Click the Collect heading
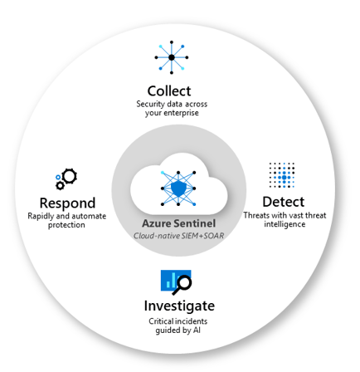[169, 91]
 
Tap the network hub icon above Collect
[171, 57]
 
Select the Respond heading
[67, 203]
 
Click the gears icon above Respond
[66, 177]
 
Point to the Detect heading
[283, 202]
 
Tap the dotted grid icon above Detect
[282, 175]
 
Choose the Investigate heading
[178, 306]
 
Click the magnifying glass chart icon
[176, 281]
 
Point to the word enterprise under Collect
[179, 113]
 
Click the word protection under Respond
[66, 225]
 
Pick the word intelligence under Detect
[285, 224]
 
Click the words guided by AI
[179, 330]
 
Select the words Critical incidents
[178, 321]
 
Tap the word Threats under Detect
[255, 216]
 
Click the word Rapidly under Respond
[42, 217]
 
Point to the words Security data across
[172, 105]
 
